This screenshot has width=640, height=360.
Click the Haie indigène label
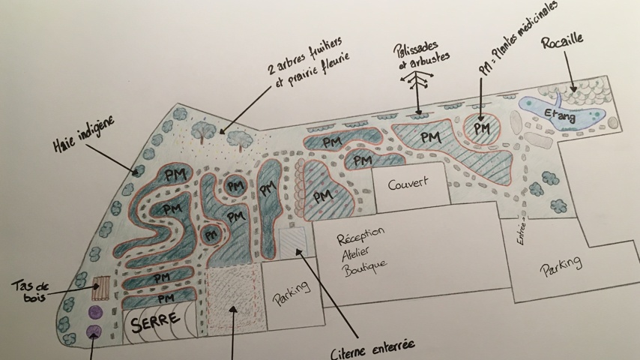click(x=88, y=137)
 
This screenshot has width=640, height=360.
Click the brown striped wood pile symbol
click(x=100, y=288)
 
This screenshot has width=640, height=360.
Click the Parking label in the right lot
click(x=561, y=266)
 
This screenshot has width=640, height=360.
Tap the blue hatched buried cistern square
click(x=292, y=242)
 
